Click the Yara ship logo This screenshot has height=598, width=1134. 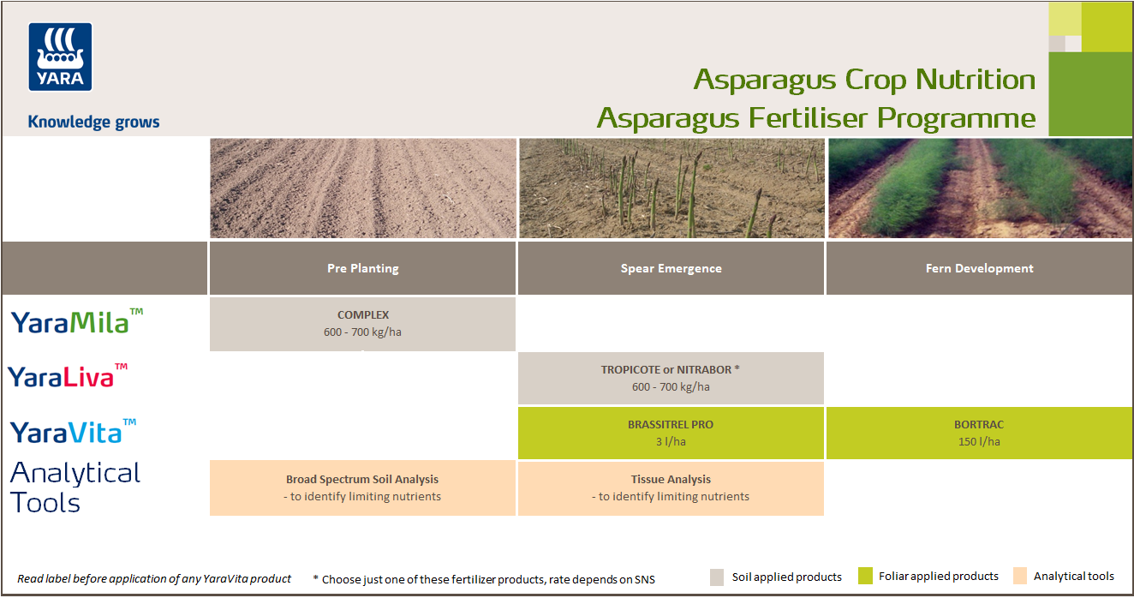(x=60, y=57)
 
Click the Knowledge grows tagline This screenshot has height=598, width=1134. (x=93, y=122)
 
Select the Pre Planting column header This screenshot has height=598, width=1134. (x=362, y=268)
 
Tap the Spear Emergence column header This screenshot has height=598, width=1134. (x=671, y=268)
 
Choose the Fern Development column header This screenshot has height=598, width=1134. (x=979, y=268)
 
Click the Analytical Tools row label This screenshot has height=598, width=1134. (x=75, y=487)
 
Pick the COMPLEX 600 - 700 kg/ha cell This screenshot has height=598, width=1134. (x=362, y=323)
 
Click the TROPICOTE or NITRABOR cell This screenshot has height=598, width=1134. (x=671, y=378)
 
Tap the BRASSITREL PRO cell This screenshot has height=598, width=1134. (x=671, y=433)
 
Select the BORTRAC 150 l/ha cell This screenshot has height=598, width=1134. (x=979, y=433)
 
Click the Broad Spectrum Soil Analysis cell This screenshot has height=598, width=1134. (x=362, y=487)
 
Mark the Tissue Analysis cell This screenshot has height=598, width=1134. (x=671, y=487)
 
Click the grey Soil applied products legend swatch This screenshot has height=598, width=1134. (x=718, y=577)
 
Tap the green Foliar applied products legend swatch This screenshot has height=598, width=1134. (x=865, y=577)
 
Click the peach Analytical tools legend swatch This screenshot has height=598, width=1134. (x=1020, y=577)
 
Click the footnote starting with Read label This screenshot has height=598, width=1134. (x=154, y=579)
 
